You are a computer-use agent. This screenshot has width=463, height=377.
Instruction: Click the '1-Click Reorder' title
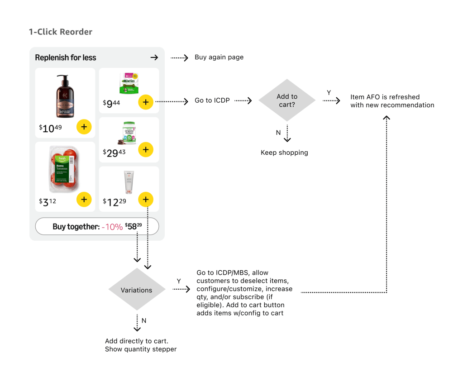pyautogui.click(x=60, y=32)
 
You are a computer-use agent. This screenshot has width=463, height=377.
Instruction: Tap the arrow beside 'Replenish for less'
pyautogui.click(x=154, y=57)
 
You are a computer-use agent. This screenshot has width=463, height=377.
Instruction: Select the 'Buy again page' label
pyautogui.click(x=219, y=57)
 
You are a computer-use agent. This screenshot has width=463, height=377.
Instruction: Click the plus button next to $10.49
pyautogui.click(x=84, y=127)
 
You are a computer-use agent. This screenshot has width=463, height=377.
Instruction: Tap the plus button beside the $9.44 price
pyautogui.click(x=145, y=102)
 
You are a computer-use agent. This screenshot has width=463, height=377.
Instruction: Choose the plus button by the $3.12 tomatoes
pyautogui.click(x=84, y=199)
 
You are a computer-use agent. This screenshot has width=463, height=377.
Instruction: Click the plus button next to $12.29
pyautogui.click(x=145, y=199)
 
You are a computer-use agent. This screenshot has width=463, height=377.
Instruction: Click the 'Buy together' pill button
pyautogui.click(x=97, y=226)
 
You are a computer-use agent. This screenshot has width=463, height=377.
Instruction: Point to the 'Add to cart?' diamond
pyautogui.click(x=287, y=100)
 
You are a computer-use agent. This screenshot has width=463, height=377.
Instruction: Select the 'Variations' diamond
pyautogui.click(x=137, y=290)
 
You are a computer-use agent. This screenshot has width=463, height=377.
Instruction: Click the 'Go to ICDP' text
pyautogui.click(x=212, y=100)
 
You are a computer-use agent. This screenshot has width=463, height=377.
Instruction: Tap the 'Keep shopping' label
pyautogui.click(x=284, y=153)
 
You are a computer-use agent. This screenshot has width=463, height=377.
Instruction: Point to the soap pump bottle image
pyautogui.click(x=65, y=96)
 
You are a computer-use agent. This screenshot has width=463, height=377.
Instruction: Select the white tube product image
pyautogui.click(x=129, y=182)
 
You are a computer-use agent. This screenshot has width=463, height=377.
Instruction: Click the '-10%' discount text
pyautogui.click(x=112, y=227)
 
